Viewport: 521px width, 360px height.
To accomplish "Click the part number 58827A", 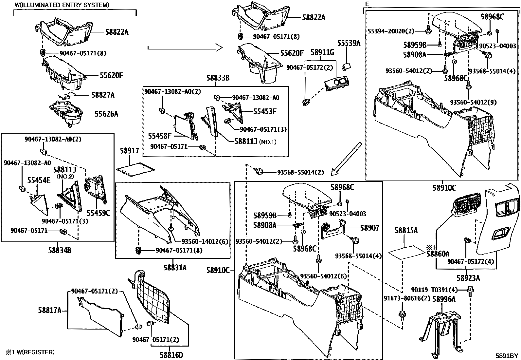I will [103, 95].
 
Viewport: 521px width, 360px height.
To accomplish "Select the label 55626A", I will [107, 114].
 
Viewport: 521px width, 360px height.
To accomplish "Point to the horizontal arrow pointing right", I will [185, 48].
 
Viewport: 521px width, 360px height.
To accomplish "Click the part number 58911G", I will [322, 52].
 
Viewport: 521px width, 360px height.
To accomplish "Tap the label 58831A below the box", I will [175, 268].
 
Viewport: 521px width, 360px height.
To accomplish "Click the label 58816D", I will [171, 355].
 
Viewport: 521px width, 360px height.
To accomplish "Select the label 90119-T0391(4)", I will [434, 290].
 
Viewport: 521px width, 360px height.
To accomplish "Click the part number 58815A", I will [406, 230].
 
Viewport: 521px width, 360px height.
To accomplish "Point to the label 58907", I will [369, 228].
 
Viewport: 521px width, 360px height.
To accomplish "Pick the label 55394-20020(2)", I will [391, 31].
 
